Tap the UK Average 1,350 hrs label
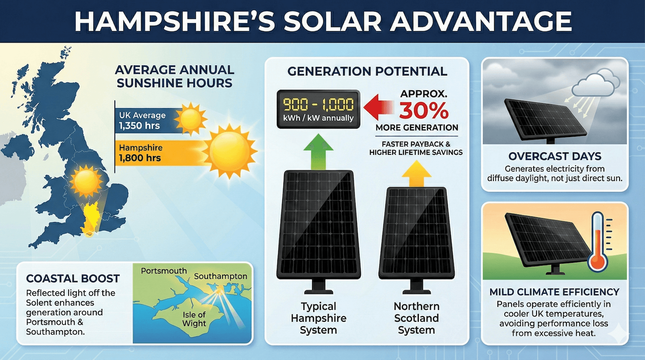click(x=142, y=120)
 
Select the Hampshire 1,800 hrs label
click(x=140, y=153)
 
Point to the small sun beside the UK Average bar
click(x=190, y=119)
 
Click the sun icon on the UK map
click(x=85, y=181)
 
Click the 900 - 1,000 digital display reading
click(x=318, y=104)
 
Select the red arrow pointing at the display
click(x=378, y=107)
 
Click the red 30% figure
click(x=424, y=110)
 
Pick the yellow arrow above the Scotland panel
click(x=416, y=174)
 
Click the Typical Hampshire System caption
click(x=318, y=318)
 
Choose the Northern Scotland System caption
click(x=416, y=318)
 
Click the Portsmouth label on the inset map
click(x=164, y=271)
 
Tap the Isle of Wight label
click(x=194, y=319)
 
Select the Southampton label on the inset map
click(x=221, y=276)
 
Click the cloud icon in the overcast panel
click(x=596, y=84)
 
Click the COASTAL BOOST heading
click(x=73, y=279)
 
